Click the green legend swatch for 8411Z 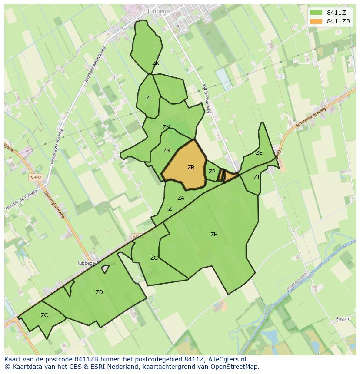tap(316, 13)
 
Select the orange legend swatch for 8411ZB tap(316, 21)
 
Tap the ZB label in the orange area tap(191, 168)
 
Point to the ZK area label tap(156, 63)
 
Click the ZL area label tap(149, 98)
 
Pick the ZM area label tap(166, 127)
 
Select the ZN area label tap(167, 151)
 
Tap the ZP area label tap(212, 172)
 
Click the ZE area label tap(259, 153)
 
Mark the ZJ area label tap(256, 177)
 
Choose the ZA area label tap(181, 198)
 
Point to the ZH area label tap(214, 235)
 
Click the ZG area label tap(154, 258)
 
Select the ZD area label tap(99, 292)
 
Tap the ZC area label tap(44, 315)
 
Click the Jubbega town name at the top tap(158, 11)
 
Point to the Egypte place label tap(343, 319)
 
